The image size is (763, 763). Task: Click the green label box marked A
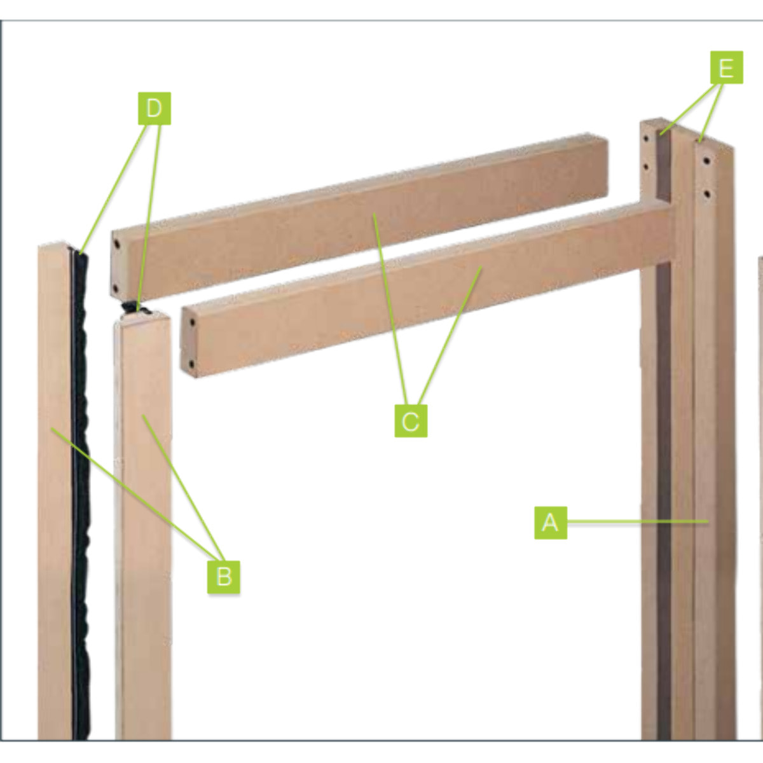pyautogui.click(x=550, y=523)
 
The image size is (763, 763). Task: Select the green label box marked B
pyautogui.click(x=224, y=577)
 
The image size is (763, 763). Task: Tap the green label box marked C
pyautogui.click(x=411, y=421)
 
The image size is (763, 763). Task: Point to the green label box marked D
pyautogui.click(x=155, y=109)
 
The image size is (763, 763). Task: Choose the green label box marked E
pyautogui.click(x=727, y=68)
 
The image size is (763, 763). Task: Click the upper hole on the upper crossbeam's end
pyautogui.click(x=116, y=244)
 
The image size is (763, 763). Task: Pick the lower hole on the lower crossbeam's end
pyautogui.click(x=191, y=364)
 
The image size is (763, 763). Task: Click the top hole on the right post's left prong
pyautogui.click(x=647, y=138)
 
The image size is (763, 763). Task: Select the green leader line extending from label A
pyautogui.click(x=636, y=522)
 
